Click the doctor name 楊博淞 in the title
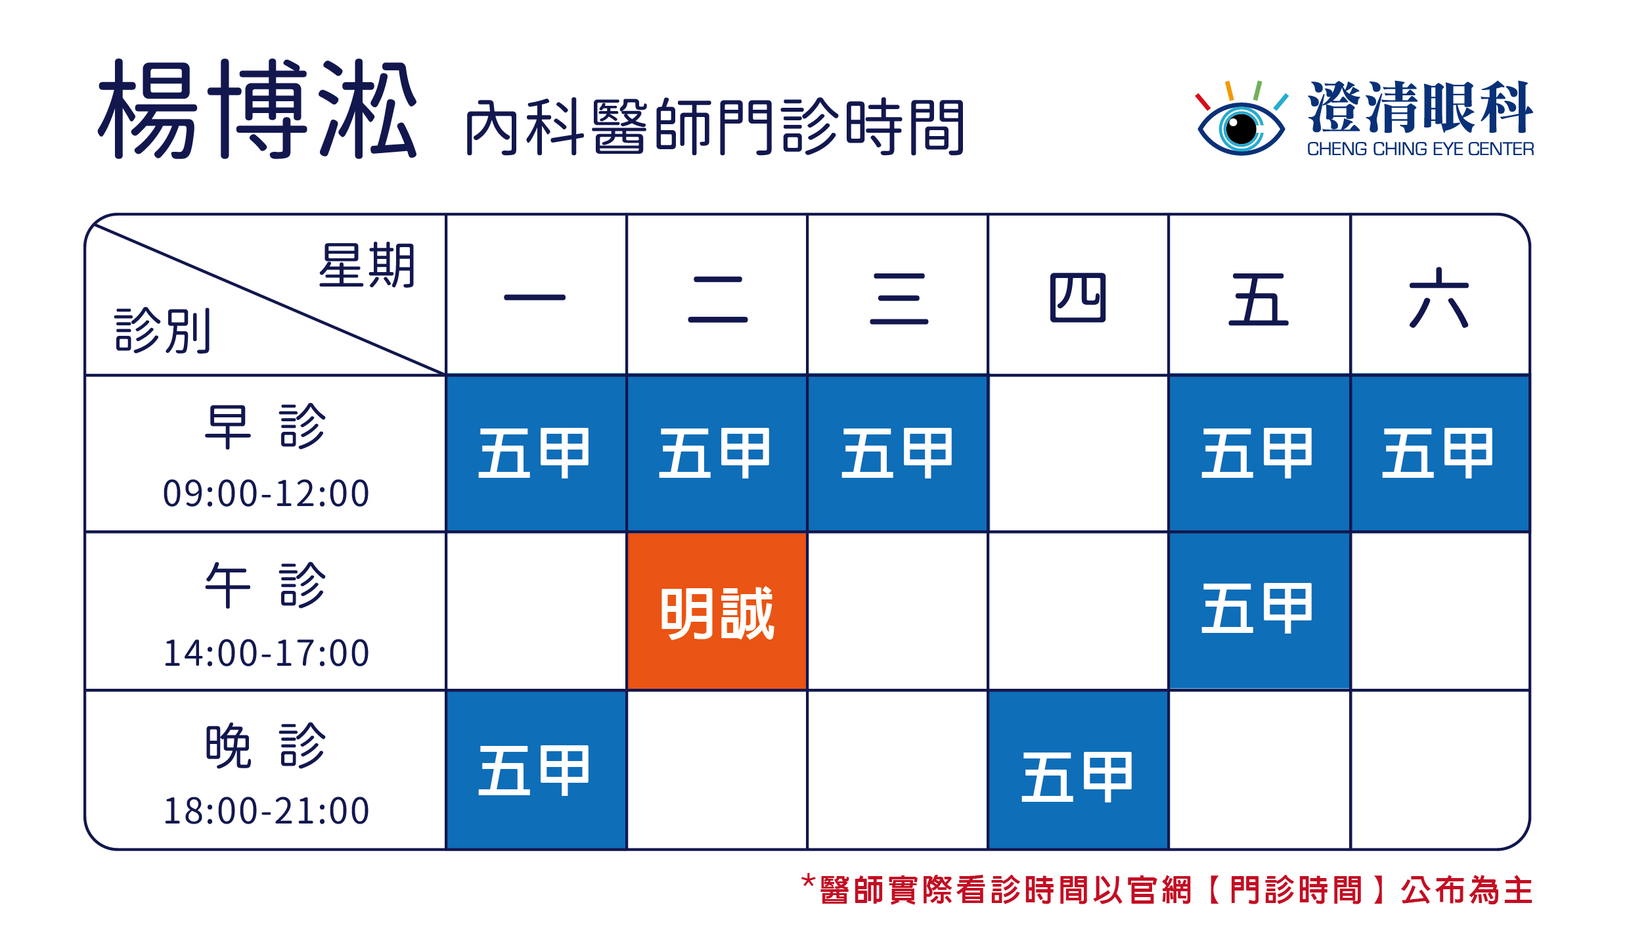click(257, 109)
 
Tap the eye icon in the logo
click(1241, 119)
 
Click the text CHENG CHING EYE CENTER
click(1420, 149)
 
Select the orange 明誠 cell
click(717, 611)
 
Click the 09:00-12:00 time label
click(266, 494)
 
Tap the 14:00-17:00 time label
click(266, 653)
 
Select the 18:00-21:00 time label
click(266, 811)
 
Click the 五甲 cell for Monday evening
click(536, 770)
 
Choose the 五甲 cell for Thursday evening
click(1078, 770)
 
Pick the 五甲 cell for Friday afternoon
click(1259, 611)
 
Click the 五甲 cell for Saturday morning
click(1440, 453)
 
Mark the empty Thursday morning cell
click(1078, 453)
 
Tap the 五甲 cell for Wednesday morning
click(897, 453)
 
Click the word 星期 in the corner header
click(367, 266)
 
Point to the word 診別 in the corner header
click(163, 331)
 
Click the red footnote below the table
click(1167, 890)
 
